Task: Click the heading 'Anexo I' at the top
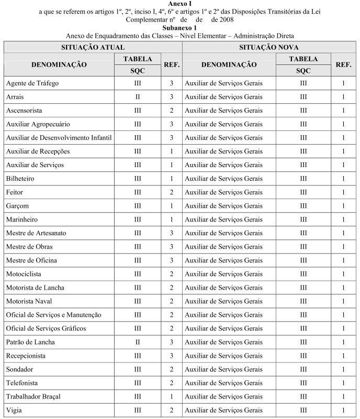coord(180,4)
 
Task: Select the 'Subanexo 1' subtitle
coord(180,27)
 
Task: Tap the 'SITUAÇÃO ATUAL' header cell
coord(93,47)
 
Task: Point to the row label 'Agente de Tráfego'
coord(32,83)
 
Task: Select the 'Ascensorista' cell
coord(24,111)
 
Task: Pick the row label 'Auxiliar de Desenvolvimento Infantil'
coord(59,138)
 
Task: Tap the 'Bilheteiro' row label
coord(20,179)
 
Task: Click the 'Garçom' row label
coord(17,206)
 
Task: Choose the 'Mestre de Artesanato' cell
coord(36,233)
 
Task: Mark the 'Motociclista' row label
coord(24,273)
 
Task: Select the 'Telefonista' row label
coord(21,383)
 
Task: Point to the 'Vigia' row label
coord(14,410)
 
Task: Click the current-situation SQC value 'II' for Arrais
coord(138,97)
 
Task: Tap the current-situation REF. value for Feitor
coord(171,192)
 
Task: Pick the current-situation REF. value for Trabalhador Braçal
coord(171,396)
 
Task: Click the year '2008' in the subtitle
coord(226,19)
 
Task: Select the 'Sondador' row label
coord(21,369)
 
